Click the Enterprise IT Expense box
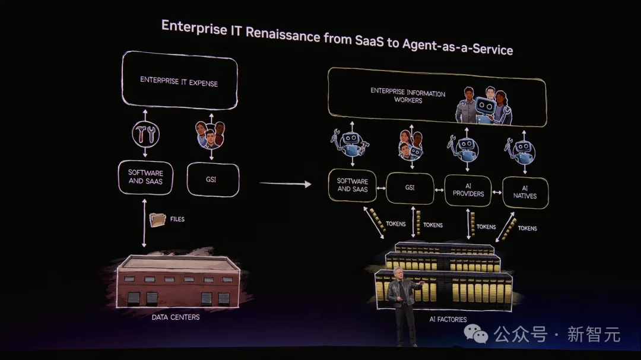[179, 81]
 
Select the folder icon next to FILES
[158, 220]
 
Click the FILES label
[177, 219]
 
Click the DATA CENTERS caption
[176, 317]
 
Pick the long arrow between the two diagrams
[285, 184]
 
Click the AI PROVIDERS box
[468, 190]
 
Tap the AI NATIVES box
[525, 192]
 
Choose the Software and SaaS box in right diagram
[353, 185]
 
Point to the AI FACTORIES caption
[448, 320]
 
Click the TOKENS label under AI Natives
[527, 228]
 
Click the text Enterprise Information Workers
[408, 96]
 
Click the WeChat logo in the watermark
[477, 334]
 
